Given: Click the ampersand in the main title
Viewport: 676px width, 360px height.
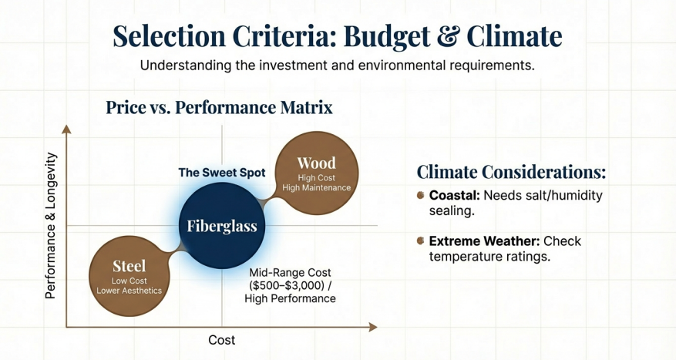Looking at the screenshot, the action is click(x=449, y=37).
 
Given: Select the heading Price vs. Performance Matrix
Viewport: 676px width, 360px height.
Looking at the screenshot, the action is click(x=219, y=107).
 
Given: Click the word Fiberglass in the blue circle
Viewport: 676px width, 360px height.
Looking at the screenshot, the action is click(x=222, y=226).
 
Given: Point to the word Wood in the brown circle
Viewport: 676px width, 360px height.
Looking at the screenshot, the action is click(x=317, y=163).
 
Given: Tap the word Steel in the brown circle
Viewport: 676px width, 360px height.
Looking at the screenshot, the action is click(x=129, y=266).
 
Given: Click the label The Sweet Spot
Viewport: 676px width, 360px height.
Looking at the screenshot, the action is click(x=222, y=173).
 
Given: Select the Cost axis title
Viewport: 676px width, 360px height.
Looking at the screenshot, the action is click(x=221, y=340).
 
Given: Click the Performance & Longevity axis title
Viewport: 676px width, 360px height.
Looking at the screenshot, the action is click(x=51, y=226).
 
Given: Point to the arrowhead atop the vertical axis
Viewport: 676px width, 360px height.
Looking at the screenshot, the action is click(x=66, y=130).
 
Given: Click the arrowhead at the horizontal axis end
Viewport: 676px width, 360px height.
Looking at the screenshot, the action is click(x=373, y=327).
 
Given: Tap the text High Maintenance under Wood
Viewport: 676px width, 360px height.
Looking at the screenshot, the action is click(x=317, y=188).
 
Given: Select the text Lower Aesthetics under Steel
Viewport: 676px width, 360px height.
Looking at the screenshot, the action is click(x=129, y=291).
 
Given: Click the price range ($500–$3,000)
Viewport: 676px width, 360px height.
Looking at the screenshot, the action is click(x=291, y=285).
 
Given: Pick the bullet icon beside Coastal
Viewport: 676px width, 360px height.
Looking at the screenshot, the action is click(x=421, y=195).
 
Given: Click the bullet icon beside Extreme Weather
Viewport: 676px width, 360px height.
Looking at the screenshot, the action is click(x=421, y=241).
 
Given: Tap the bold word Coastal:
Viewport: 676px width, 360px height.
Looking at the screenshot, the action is click(x=455, y=195).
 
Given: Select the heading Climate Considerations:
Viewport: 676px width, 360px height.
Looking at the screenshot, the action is click(x=511, y=172).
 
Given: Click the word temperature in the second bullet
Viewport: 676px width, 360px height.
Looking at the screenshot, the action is click(x=466, y=257).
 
